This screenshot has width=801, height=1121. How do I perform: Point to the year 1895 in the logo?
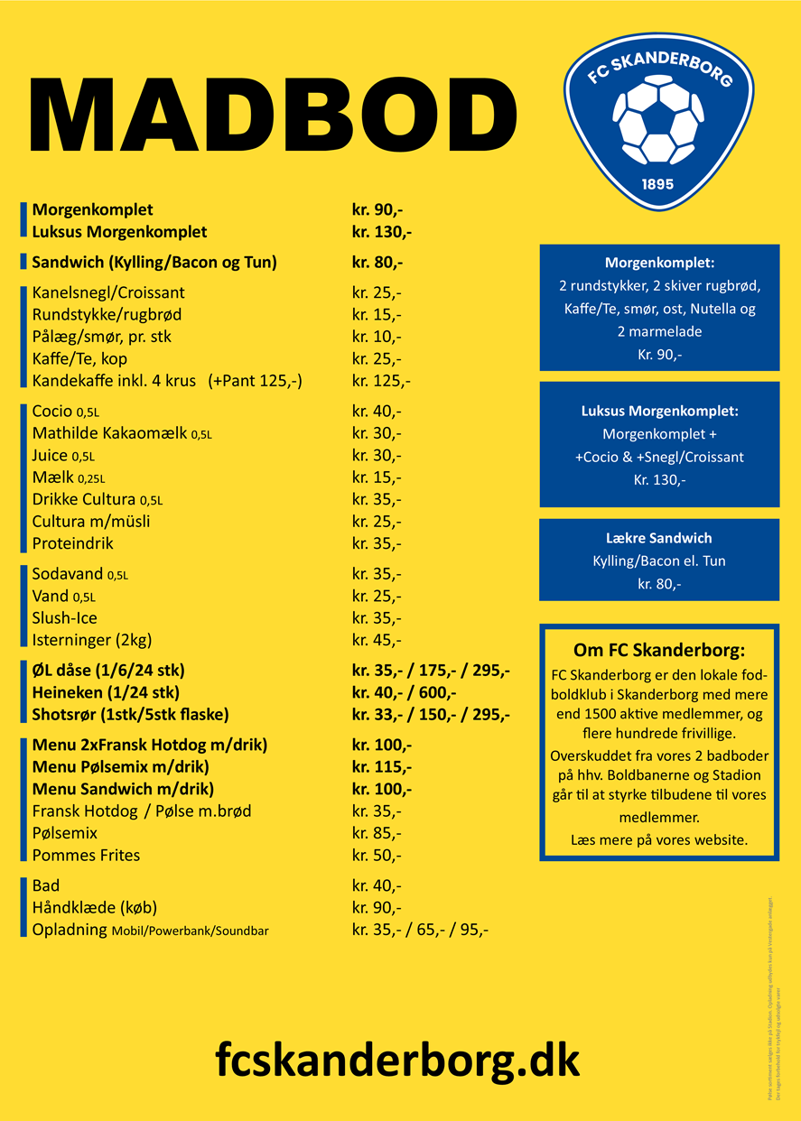657,184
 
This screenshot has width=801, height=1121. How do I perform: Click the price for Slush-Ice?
377,618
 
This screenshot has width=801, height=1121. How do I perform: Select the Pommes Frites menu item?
86,855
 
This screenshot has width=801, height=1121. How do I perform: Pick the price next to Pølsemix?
377,833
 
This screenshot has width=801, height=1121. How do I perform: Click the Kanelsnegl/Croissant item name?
108,293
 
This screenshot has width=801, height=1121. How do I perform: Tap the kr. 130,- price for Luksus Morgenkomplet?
382,232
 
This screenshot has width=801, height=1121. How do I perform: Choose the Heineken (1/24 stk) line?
106,693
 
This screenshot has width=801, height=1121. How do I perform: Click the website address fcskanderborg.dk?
397,1058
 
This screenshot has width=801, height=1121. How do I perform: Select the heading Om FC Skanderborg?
659,650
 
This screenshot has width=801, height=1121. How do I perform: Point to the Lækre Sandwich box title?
659,538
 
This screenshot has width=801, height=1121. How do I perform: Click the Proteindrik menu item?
73,543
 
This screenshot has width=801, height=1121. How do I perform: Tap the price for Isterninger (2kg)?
377,641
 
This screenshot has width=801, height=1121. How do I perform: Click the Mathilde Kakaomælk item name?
111,433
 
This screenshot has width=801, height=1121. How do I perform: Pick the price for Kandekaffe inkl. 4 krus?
381,381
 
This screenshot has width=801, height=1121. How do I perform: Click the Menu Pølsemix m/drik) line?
120,767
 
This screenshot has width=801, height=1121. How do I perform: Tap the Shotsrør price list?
431,715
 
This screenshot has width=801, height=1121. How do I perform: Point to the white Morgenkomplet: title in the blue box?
659,264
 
